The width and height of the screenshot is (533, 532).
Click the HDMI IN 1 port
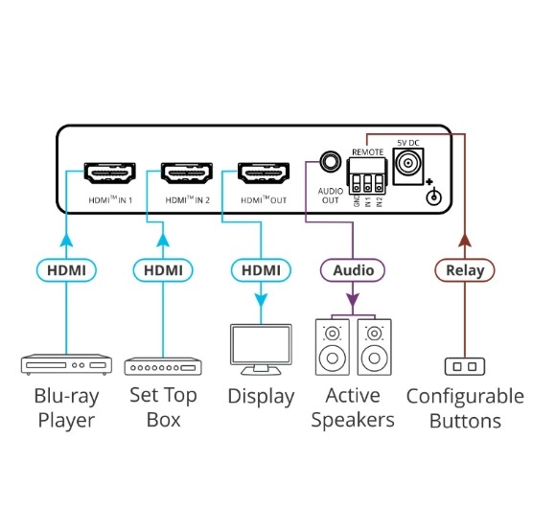[x=110, y=173]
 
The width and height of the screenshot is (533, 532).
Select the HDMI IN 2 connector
[x=187, y=173]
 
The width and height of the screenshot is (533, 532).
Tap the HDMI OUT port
[x=264, y=173]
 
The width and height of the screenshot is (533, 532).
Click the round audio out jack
[x=330, y=161]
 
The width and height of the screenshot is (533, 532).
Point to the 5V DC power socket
[x=408, y=167]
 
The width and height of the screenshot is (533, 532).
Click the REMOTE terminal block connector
[x=367, y=175]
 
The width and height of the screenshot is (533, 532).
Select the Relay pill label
[x=465, y=270]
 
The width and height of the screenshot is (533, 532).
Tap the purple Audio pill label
[x=353, y=270]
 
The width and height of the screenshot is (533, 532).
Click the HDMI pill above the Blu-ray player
[x=66, y=270]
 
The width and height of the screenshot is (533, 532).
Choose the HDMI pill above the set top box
[x=163, y=270]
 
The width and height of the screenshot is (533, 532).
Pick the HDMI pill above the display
[x=261, y=270]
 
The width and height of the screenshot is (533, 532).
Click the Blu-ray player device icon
[x=66, y=365]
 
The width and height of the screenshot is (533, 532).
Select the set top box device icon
[x=163, y=366]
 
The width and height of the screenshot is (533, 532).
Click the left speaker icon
[x=332, y=347]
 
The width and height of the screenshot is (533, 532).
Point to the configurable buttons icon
[x=465, y=366]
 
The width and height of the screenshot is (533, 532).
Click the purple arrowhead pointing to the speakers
[x=353, y=300]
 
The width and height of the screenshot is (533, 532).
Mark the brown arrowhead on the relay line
[x=465, y=241]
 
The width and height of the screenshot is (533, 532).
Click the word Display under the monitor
[x=261, y=397]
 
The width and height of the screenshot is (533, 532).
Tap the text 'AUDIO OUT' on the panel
[x=331, y=196]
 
